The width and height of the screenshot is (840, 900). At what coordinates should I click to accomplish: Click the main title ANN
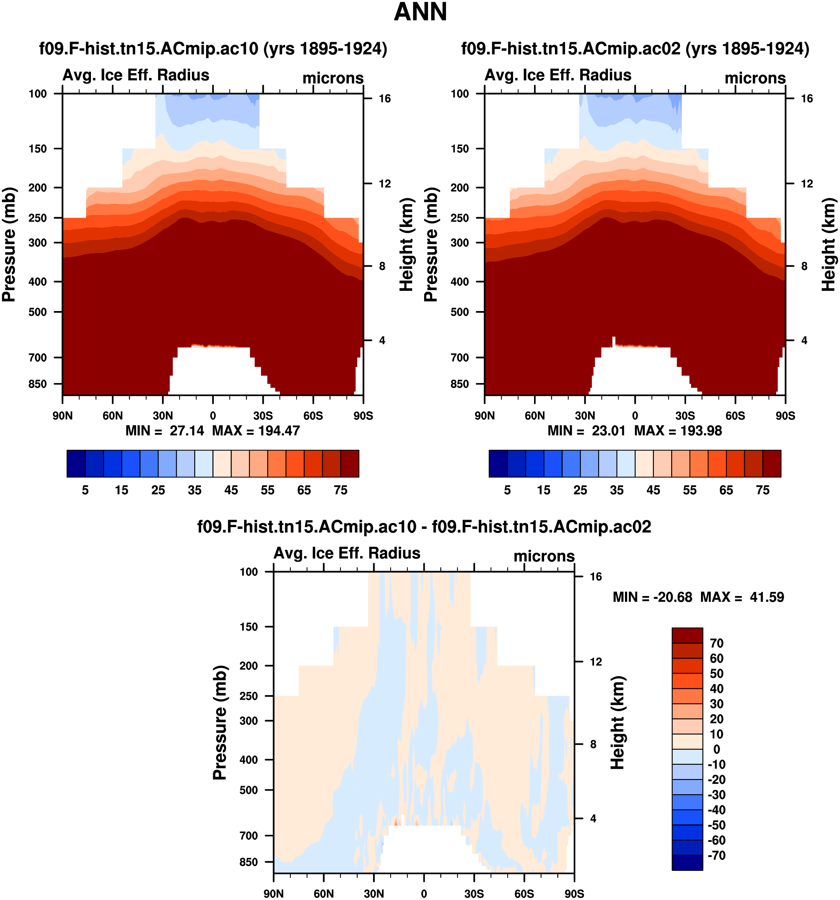click(x=420, y=12)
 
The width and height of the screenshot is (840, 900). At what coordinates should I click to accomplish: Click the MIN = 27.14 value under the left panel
click(x=165, y=431)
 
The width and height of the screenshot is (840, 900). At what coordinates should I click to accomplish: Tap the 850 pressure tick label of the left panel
click(x=38, y=384)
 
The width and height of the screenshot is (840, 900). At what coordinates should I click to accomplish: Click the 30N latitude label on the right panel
click(x=585, y=416)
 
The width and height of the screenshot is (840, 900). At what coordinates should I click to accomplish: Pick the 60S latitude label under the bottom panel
click(x=524, y=894)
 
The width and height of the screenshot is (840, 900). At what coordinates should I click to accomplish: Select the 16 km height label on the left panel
click(x=385, y=99)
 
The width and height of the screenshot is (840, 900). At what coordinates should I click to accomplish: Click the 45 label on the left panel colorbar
click(x=231, y=490)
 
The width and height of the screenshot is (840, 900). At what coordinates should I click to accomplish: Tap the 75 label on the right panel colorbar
click(x=762, y=490)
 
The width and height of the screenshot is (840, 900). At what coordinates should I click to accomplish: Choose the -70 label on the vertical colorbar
click(x=716, y=856)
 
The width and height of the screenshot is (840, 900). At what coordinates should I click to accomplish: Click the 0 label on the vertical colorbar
click(x=716, y=749)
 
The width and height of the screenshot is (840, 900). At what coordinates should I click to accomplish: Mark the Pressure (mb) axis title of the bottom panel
click(x=220, y=723)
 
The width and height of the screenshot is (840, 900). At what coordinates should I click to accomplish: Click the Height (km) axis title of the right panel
click(x=828, y=244)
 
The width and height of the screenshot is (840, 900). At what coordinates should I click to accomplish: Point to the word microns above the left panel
click(x=333, y=78)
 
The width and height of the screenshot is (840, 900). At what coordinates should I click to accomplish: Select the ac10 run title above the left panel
click(x=213, y=48)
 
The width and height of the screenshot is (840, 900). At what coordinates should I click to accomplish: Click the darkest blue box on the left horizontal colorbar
click(x=76, y=463)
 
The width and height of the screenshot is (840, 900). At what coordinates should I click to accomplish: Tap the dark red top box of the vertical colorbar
click(x=687, y=635)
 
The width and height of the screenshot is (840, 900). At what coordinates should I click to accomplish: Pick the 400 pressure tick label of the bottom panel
click(x=249, y=760)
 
